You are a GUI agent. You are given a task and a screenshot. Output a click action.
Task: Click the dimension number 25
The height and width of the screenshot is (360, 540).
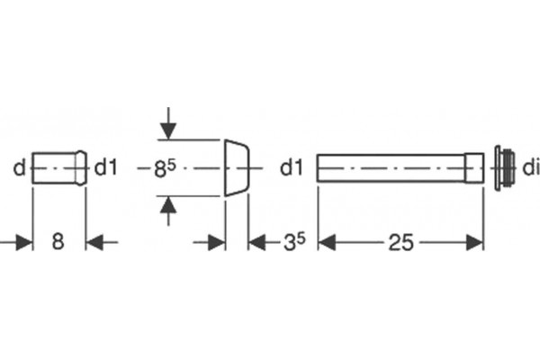coord(400,242)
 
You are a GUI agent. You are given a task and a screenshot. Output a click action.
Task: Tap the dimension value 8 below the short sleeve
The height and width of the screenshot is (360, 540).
coord(58,241)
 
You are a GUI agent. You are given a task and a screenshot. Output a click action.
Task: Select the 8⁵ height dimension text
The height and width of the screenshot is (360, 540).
coord(165,168)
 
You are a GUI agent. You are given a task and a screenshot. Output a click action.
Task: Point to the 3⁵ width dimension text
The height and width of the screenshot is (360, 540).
coord(294,242)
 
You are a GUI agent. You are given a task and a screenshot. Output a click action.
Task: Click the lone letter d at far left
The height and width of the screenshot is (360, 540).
coord(19,168)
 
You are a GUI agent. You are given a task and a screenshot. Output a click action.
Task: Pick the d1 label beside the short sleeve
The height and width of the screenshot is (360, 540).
coord(105,167)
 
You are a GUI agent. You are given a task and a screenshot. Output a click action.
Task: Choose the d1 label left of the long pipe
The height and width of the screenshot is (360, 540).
coord(292,167)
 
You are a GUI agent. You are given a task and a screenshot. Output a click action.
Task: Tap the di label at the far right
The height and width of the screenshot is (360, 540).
coord(531,168)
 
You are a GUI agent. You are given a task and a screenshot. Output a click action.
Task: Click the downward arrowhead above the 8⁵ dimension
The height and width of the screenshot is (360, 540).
coord(168,131)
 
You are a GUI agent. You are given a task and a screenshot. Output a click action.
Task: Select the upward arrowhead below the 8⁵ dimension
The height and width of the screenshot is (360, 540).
coord(168,205)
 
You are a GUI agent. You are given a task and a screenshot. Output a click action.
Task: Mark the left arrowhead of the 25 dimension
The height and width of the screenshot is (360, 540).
coord(327,242)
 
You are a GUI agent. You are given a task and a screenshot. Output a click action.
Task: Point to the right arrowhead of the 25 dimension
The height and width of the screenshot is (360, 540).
coord(474,242)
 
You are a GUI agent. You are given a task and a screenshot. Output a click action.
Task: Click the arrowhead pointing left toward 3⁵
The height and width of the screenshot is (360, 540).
coord(256,242)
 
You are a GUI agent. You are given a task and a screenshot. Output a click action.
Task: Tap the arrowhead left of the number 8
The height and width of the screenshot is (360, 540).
coord(24,242)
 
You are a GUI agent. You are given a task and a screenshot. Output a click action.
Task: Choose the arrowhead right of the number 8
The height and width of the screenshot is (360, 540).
coord(94,242)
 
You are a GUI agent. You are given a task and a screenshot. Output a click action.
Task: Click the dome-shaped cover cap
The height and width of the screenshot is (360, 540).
coord(237,168)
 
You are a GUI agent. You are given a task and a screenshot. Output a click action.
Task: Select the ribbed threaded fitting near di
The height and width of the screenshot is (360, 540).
coord(505,168)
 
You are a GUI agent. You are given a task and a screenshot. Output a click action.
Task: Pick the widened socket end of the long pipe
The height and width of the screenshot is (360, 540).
coord(474,167)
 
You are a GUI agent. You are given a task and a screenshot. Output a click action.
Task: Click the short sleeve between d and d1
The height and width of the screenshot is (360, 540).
coord(59,168)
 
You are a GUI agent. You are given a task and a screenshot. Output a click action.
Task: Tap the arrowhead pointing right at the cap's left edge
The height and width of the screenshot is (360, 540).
coord(216,242)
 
